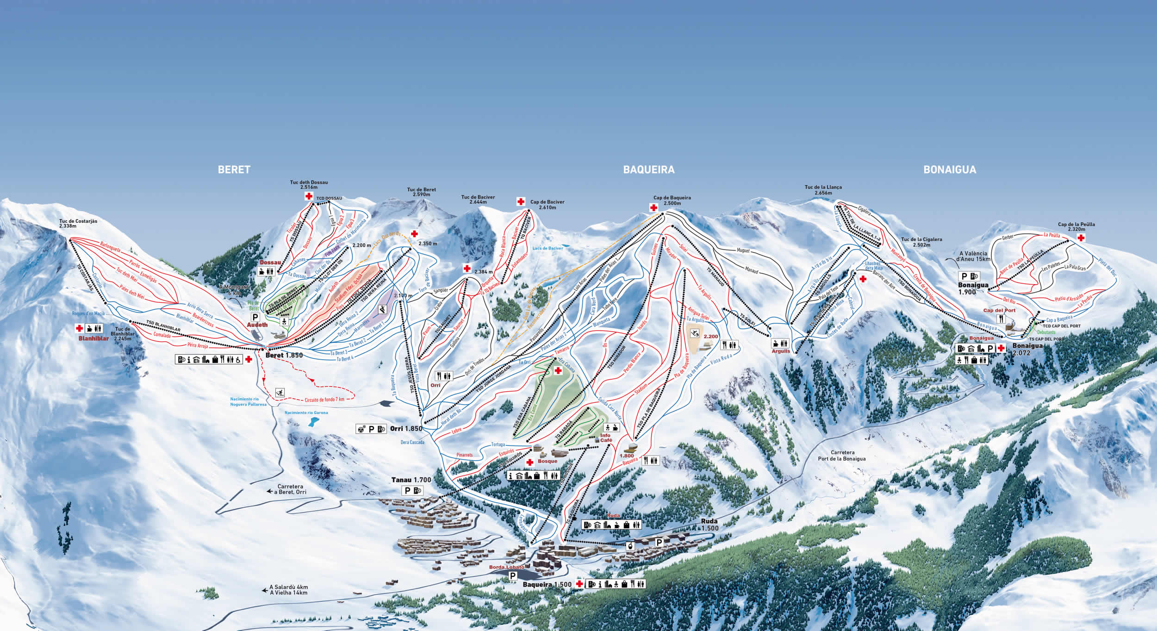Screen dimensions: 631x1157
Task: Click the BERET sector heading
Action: click(x=234, y=170)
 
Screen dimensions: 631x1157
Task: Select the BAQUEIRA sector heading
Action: click(x=648, y=170)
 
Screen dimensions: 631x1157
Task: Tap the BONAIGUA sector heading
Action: click(x=950, y=170)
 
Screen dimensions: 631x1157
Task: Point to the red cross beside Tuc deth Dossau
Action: click(x=309, y=196)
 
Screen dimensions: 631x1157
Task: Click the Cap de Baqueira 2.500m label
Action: click(x=672, y=200)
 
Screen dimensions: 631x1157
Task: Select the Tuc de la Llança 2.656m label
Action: click(x=823, y=190)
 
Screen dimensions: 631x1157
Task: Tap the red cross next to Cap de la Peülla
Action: click(x=1081, y=238)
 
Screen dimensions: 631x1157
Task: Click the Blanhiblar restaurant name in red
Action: click(x=93, y=338)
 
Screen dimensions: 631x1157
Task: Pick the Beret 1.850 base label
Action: click(x=284, y=356)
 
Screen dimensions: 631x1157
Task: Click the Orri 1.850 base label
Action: click(x=406, y=429)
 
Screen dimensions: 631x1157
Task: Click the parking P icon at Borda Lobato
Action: click(x=513, y=576)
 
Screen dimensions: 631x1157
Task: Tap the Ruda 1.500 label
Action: click(x=709, y=525)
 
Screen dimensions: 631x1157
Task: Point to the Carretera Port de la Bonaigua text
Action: click(x=842, y=456)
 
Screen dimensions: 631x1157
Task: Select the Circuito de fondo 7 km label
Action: click(x=324, y=400)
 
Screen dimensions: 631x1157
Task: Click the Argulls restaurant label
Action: click(x=781, y=351)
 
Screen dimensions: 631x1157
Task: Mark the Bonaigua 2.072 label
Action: click(x=1027, y=349)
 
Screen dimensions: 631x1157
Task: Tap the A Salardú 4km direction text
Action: click(x=288, y=587)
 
